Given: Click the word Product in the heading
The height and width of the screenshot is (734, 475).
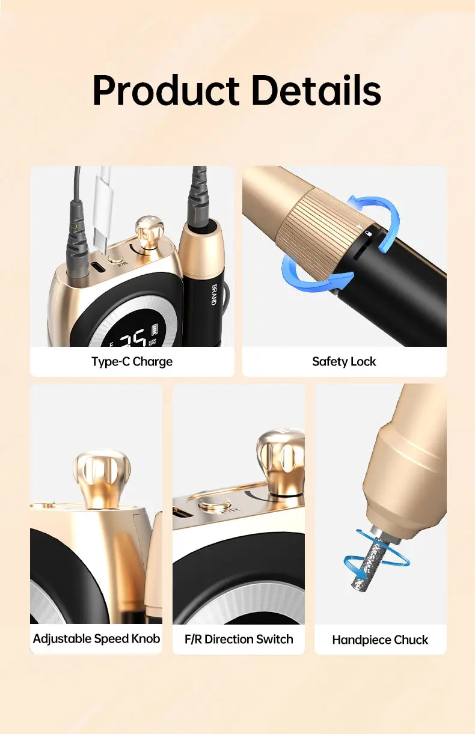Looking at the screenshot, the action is point(166,90).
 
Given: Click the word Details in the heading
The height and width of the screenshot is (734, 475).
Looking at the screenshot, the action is point(316,90).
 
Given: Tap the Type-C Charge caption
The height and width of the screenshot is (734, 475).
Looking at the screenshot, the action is point(132,361).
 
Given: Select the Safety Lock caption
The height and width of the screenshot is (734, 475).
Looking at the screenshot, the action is point(344,361).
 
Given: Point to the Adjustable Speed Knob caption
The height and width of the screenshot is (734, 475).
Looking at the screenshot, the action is point(96,638).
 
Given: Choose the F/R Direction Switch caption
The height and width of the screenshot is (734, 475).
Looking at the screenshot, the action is point(239,639).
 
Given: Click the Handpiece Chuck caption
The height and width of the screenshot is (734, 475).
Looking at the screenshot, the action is point(380,640).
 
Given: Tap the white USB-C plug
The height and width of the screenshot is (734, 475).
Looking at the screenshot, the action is point(103,210).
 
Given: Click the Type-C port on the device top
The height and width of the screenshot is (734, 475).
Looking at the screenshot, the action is point(99,267).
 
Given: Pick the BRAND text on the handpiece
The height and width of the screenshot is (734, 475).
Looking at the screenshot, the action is point(215,295).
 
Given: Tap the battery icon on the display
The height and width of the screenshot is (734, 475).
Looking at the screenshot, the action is point(154,329).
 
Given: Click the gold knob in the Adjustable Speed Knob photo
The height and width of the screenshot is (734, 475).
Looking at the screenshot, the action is point(102,479).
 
